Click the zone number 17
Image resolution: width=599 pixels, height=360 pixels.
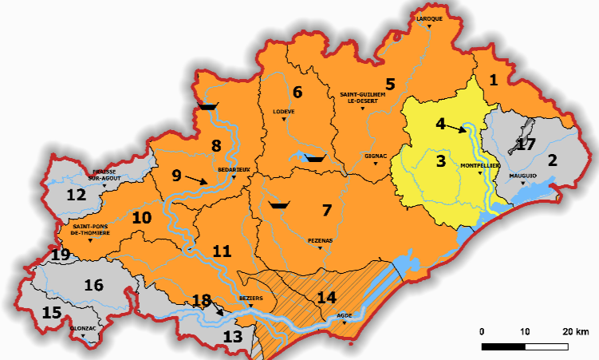coord(525,144)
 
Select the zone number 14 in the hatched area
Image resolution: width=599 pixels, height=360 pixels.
coord(327,297)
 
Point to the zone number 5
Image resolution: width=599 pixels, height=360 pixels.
coord(390,83)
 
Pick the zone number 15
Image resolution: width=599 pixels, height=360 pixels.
coord(51,312)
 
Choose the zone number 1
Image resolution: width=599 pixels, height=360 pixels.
coord(494,79)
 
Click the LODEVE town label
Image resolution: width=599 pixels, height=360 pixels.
coord(284,112)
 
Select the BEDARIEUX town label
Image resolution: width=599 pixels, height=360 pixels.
coord(233,170)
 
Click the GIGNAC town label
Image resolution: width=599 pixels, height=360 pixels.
coord(375,156)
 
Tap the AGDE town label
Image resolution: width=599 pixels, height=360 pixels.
coord(344,315)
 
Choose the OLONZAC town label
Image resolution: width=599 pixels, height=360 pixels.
coord(84,329)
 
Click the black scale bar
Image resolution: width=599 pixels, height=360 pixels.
coord(525,347)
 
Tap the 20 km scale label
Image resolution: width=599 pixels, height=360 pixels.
coord(575,331)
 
